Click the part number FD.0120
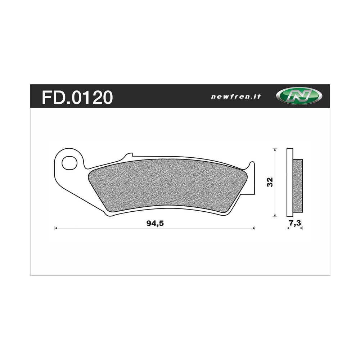coord(77,97)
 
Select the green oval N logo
coord(299,96)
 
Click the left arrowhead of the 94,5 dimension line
coord(56,228)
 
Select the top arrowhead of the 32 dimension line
coord(275,149)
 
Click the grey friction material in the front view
coord(169,184)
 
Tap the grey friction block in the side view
coord(298,185)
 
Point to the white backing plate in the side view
coord(290,182)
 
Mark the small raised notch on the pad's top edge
coord(127,156)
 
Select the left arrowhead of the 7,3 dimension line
coord(288,228)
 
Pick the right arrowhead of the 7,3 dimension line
coord(302,228)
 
